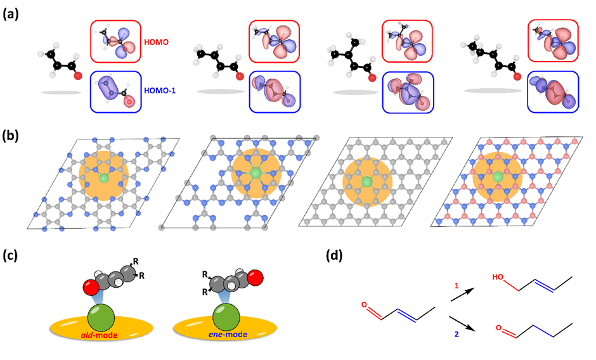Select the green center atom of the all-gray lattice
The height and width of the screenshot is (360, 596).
[x=367, y=183]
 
